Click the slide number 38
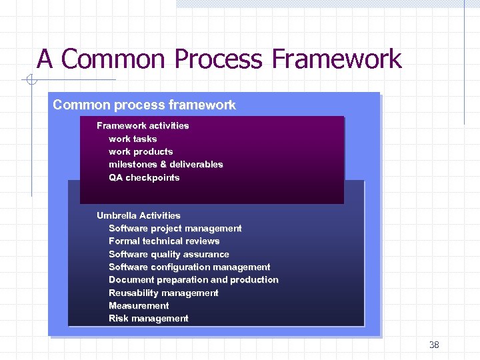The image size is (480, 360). (434, 345)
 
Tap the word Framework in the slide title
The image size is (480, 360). (337, 59)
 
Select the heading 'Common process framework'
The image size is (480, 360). (144, 105)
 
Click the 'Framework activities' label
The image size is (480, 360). (143, 125)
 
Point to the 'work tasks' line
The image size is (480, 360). (133, 139)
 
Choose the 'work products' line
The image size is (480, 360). (141, 151)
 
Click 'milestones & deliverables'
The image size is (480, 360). (166, 164)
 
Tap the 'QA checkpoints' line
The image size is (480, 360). (144, 177)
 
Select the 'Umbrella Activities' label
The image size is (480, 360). (139, 215)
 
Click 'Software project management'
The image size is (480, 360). (175, 228)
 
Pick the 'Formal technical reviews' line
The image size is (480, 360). (164, 241)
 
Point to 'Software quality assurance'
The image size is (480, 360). (169, 254)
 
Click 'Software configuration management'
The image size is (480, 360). (189, 267)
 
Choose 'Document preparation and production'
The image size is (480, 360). (193, 279)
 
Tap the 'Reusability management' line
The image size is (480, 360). (163, 293)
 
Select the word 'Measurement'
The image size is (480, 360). (139, 305)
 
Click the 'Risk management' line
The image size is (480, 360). (149, 318)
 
